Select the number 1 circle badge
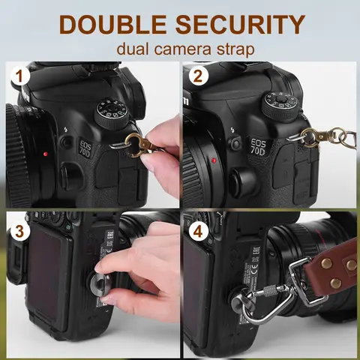[18, 76]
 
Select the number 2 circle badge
[199, 76]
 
